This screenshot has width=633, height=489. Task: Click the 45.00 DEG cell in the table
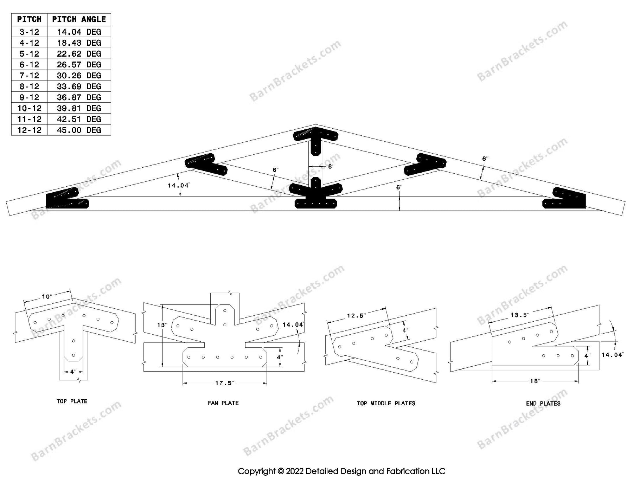pyautogui.click(x=79, y=130)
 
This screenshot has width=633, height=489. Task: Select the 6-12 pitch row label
pyautogui.click(x=29, y=65)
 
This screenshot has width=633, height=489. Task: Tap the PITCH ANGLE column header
pyautogui.click(x=79, y=19)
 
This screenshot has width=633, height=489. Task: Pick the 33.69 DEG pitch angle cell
pyautogui.click(x=79, y=86)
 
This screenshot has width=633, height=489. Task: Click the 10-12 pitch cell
pyautogui.click(x=29, y=108)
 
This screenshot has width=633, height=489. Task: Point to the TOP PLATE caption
pyautogui.click(x=72, y=401)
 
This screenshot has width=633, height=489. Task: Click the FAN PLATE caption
pyautogui.click(x=223, y=403)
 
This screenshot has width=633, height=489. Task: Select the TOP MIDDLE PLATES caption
pyautogui.click(x=386, y=404)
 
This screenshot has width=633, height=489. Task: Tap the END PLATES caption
pyautogui.click(x=543, y=404)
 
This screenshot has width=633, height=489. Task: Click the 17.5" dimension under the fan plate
pyautogui.click(x=224, y=383)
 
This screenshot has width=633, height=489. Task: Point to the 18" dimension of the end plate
pyautogui.click(x=535, y=381)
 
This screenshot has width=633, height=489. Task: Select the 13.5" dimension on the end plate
pyautogui.click(x=520, y=315)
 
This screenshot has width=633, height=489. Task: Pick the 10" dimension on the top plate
pyautogui.click(x=47, y=297)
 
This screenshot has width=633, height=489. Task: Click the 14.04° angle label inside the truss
pyautogui.click(x=179, y=185)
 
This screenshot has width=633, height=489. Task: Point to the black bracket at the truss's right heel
pyautogui.click(x=564, y=199)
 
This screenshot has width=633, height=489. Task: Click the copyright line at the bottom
pyautogui.click(x=341, y=471)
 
